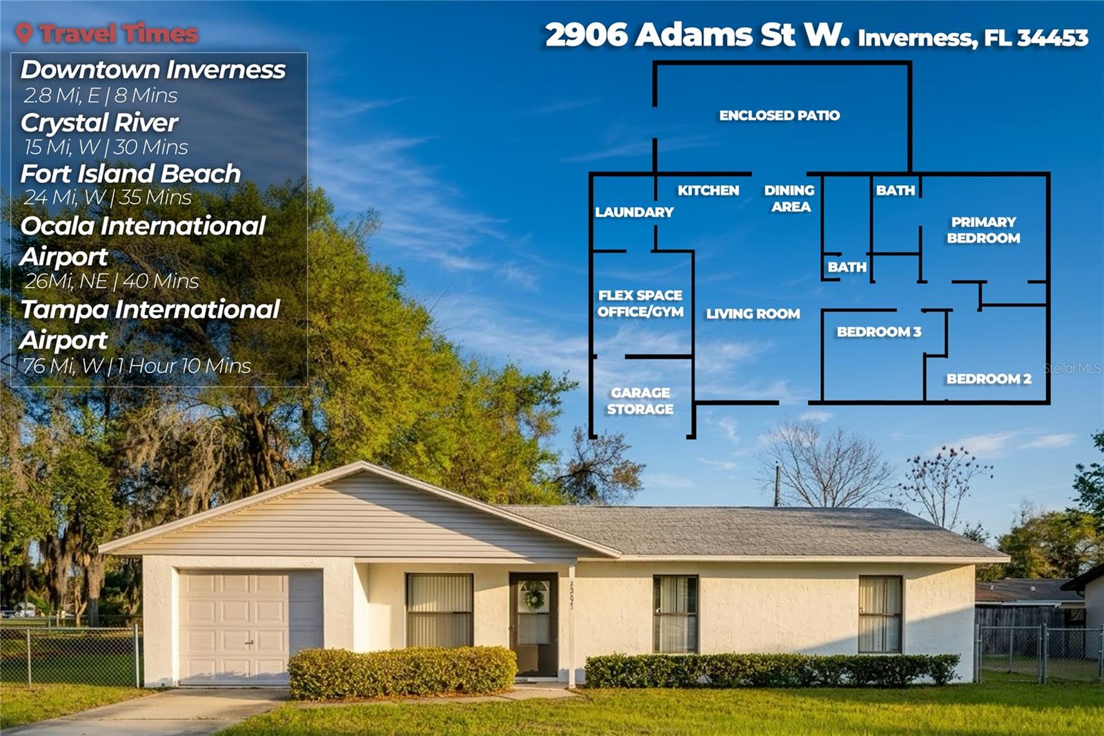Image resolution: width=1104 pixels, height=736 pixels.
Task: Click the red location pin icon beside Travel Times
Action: (x=24, y=33)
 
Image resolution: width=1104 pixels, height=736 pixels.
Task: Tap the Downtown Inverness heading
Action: (x=152, y=70)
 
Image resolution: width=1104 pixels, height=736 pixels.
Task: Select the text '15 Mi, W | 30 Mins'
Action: (x=106, y=147)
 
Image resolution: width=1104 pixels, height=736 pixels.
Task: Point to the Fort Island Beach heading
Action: (x=130, y=173)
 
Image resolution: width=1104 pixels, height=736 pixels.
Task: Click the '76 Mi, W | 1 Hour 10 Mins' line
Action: (x=136, y=365)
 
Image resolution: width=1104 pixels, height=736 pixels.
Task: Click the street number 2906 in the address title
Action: (x=586, y=35)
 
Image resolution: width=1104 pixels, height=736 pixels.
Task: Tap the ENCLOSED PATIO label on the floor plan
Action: (x=779, y=115)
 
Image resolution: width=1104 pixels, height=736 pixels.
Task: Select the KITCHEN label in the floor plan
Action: (x=708, y=191)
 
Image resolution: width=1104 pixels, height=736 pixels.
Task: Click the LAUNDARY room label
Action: (x=634, y=212)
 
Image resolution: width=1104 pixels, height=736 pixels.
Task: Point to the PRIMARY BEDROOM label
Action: (x=983, y=230)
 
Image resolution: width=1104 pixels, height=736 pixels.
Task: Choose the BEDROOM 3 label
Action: (x=878, y=331)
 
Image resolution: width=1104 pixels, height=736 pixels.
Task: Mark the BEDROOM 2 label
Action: (x=988, y=378)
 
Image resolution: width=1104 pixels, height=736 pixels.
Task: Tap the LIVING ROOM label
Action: (x=753, y=313)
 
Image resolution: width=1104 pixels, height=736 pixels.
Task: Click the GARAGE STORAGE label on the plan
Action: (x=640, y=400)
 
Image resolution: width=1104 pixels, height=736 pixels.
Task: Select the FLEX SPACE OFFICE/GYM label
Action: (x=640, y=303)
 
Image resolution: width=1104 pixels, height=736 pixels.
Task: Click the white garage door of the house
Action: (x=234, y=626)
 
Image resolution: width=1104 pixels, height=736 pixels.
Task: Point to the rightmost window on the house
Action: (x=880, y=614)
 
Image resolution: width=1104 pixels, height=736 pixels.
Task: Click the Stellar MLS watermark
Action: (x=1072, y=369)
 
